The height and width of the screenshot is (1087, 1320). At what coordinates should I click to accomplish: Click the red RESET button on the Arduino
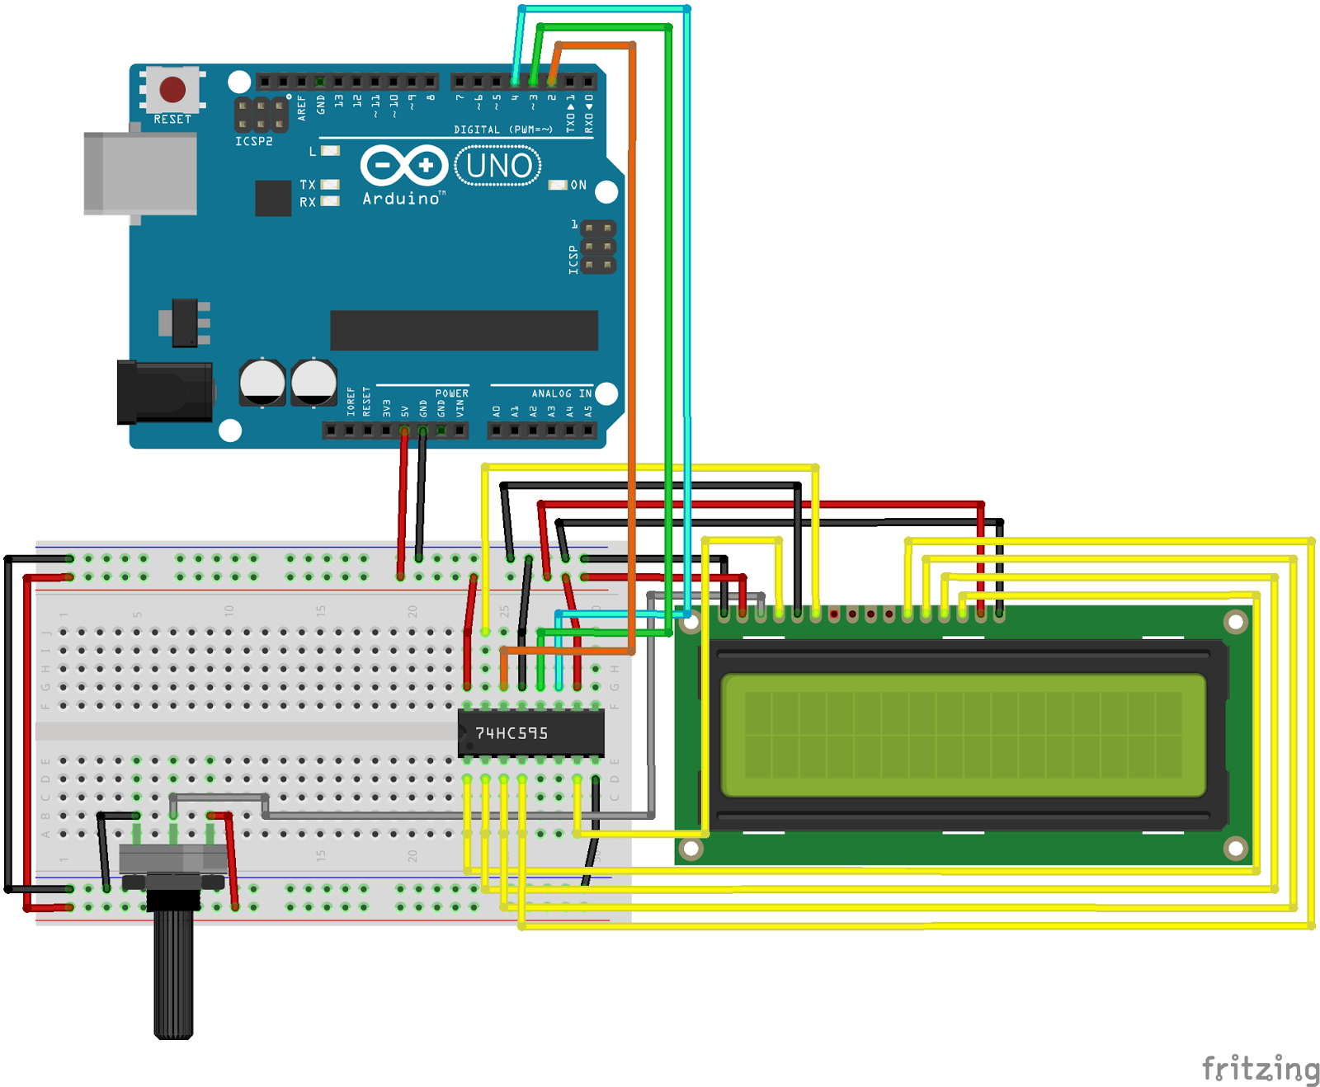pos(172,89)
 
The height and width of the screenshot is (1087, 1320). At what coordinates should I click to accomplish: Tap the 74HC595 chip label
pos(511,733)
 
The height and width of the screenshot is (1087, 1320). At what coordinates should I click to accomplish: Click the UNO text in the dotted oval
pos(498,166)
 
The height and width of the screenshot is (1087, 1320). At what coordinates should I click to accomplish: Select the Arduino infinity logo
pos(404,166)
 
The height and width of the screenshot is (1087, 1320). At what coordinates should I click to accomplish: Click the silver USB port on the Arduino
pos(140,174)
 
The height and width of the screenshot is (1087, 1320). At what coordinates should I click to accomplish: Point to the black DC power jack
pos(164,392)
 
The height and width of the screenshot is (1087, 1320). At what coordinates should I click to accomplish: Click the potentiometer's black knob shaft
pos(173,973)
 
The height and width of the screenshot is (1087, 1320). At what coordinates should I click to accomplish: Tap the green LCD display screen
pos(963,735)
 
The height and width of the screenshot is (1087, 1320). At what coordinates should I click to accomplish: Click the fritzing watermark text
pos(1260,1069)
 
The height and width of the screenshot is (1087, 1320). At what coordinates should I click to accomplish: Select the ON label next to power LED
pos(578,186)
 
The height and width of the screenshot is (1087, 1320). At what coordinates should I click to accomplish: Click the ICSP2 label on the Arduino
pos(253,142)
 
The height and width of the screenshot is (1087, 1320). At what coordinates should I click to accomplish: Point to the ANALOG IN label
pos(561,393)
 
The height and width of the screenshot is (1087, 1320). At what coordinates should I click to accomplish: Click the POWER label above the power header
pos(451,393)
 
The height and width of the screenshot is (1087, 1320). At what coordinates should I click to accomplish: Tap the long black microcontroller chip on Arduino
pos(464,331)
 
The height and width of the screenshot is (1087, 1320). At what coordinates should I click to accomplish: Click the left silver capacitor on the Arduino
pos(262,382)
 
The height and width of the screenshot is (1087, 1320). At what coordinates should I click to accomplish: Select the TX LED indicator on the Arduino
pos(330,185)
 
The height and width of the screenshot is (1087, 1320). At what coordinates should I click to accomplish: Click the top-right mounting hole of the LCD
pos(1235,622)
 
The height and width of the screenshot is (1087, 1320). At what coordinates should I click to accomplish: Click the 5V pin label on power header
pos(405,411)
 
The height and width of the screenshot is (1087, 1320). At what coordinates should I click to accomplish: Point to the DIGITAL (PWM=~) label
pos(502,129)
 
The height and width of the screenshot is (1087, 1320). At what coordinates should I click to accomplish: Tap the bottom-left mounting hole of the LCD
pos(691,848)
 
